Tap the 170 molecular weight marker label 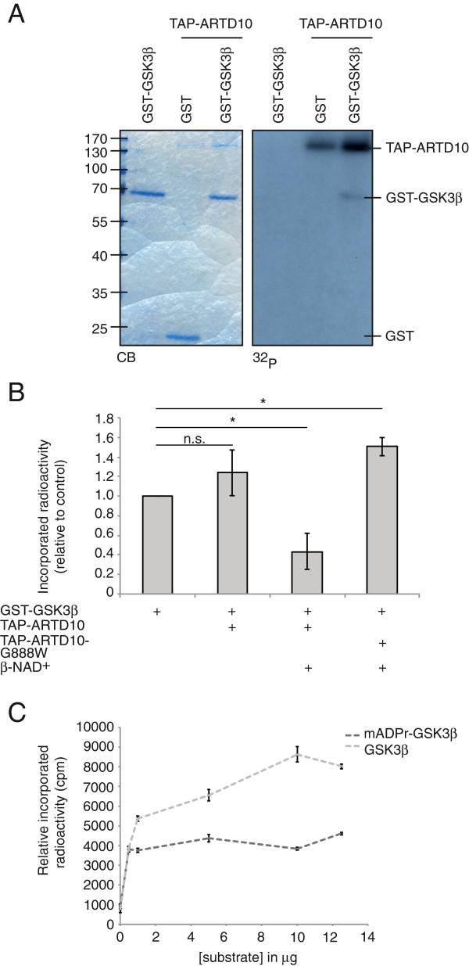(x=95, y=138)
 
